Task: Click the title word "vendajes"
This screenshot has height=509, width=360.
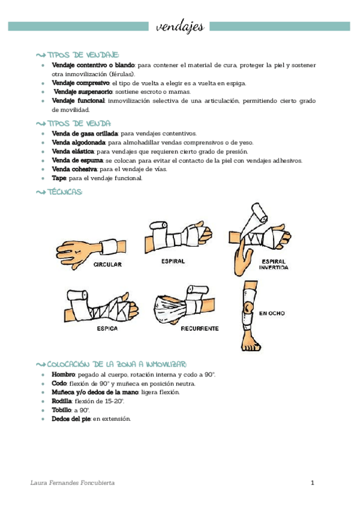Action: (179, 26)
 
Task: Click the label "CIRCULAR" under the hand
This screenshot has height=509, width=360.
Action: (108, 264)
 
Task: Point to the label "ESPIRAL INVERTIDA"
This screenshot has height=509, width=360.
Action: (274, 265)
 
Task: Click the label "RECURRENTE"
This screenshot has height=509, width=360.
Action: (200, 330)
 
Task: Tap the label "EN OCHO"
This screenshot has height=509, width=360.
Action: (272, 313)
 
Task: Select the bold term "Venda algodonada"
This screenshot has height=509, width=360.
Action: (79, 142)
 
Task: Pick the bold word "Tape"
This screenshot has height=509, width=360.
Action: (59, 178)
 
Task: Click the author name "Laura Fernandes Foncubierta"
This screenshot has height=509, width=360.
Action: (73, 483)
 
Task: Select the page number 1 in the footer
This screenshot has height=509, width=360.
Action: (313, 483)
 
